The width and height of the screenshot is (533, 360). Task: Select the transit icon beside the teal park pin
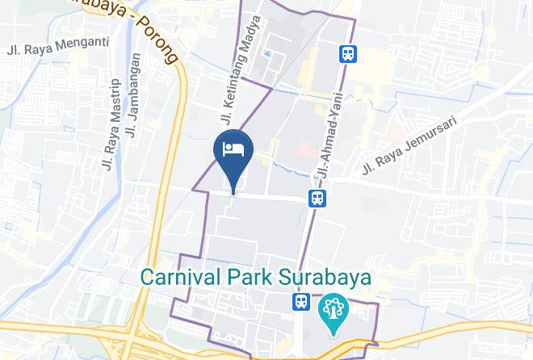click(300, 302)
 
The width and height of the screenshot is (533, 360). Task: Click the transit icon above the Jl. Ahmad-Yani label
click(348, 53)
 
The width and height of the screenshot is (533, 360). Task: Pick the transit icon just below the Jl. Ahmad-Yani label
click(317, 197)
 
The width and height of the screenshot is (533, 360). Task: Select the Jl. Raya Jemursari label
click(410, 144)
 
